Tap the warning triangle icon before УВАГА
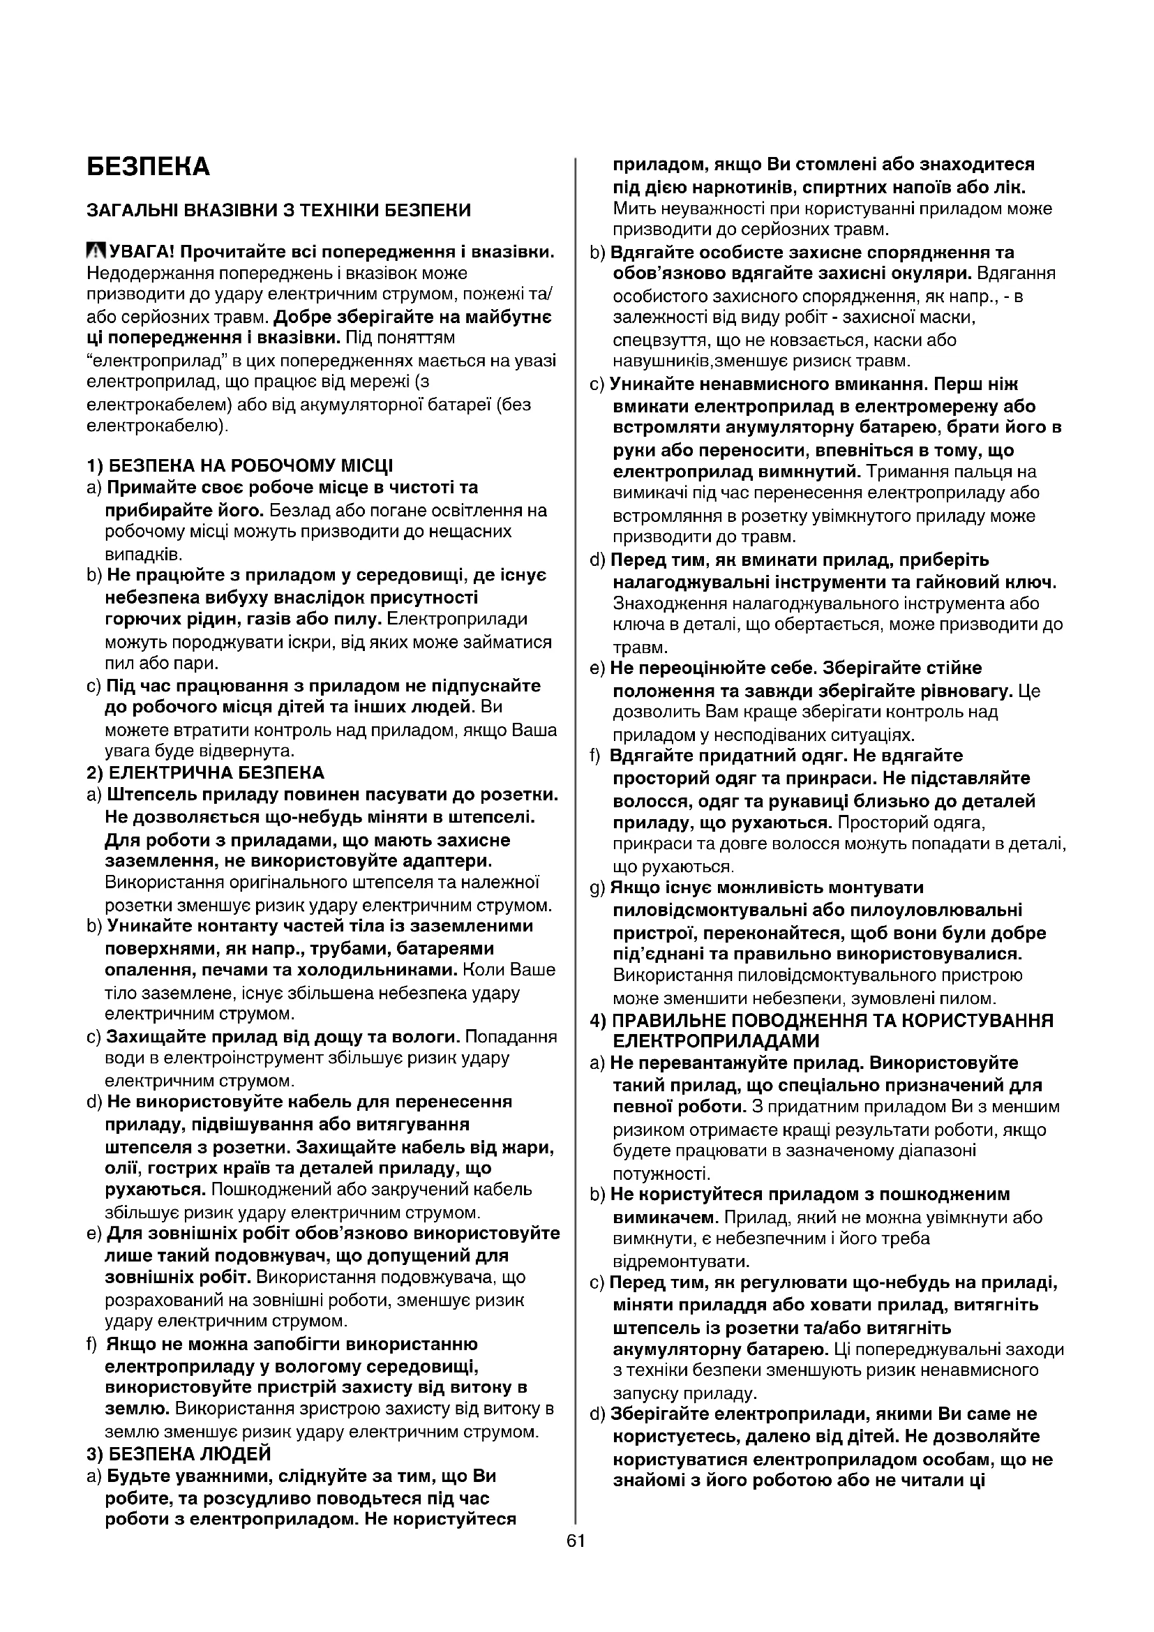(94, 252)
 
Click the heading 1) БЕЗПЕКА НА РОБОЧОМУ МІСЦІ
(239, 466)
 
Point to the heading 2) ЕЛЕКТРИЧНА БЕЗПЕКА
(205, 772)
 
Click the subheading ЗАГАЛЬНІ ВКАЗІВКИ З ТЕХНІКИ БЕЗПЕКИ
(278, 211)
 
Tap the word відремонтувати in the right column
(681, 1262)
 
